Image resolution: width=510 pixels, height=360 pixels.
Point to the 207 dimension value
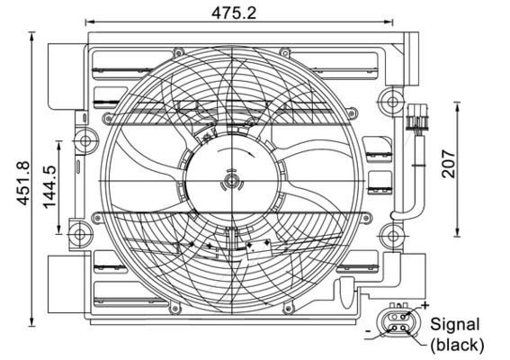(451, 162)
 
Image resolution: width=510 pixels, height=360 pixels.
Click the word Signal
(455, 324)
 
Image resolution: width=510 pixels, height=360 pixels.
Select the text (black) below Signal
(457, 345)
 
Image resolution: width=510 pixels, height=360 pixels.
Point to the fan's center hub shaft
(232, 183)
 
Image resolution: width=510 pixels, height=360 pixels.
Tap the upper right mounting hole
(389, 97)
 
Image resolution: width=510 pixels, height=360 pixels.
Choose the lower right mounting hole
(389, 238)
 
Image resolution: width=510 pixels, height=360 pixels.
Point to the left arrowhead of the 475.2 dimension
(91, 22)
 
